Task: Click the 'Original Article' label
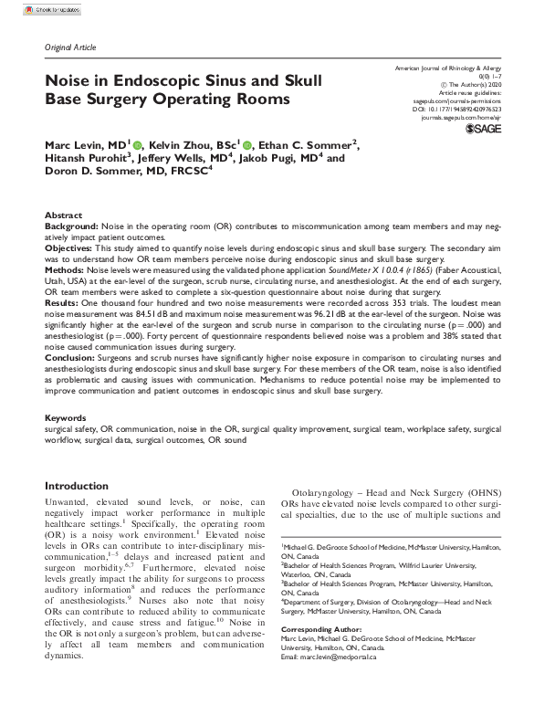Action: pyautogui.click(x=69, y=47)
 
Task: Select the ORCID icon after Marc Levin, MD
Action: pyautogui.click(x=138, y=144)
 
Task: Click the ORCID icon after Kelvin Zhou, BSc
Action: pyautogui.click(x=247, y=144)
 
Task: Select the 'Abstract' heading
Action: pyautogui.click(x=63, y=215)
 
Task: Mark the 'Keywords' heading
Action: pyautogui.click(x=66, y=417)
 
